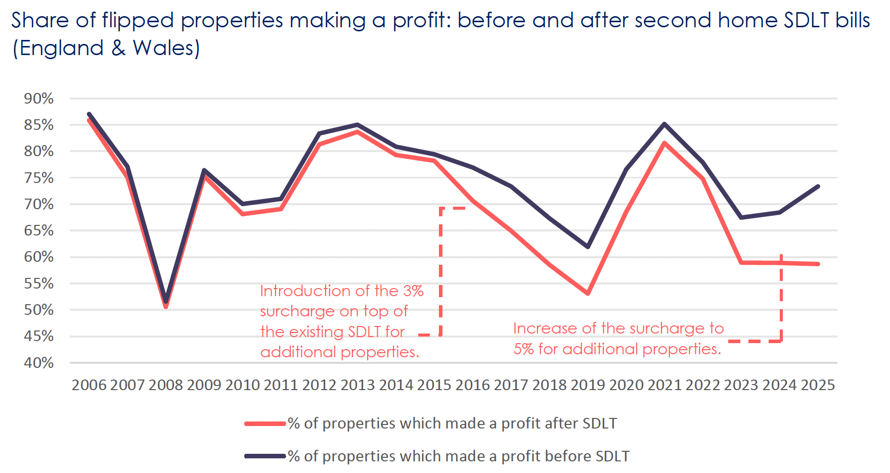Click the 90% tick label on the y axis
pos(39,99)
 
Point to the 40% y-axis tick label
pos(39,363)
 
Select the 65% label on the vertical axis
pos(39,230)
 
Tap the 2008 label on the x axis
pos(166,385)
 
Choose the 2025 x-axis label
pos(818,385)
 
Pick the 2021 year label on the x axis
pos(664,385)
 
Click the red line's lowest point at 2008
pos(166,306)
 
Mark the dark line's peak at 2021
pos(664,124)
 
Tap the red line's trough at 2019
pos(588,293)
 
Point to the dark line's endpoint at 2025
pos(818,186)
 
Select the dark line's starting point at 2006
pos(89,114)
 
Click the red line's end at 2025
pos(818,264)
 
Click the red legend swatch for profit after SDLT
pos(265,423)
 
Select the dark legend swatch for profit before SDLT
pos(265,456)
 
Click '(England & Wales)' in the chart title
pos(106,49)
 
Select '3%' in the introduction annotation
pos(413,291)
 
